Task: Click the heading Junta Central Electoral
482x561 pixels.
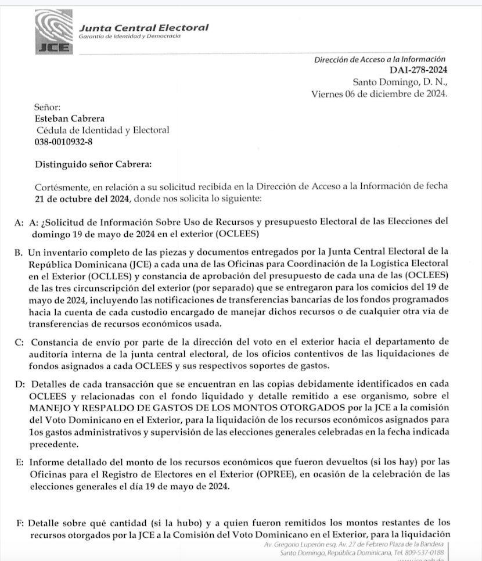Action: coord(143,27)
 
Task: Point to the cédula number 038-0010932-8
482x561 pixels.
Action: coord(63,142)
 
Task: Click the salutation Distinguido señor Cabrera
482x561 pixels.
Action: coord(93,164)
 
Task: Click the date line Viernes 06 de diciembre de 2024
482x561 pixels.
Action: coord(379,94)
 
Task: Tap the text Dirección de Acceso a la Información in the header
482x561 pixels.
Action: coord(380,59)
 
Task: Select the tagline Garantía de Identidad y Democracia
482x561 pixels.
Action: coord(129,37)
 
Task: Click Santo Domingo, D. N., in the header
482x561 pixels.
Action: coord(400,82)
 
